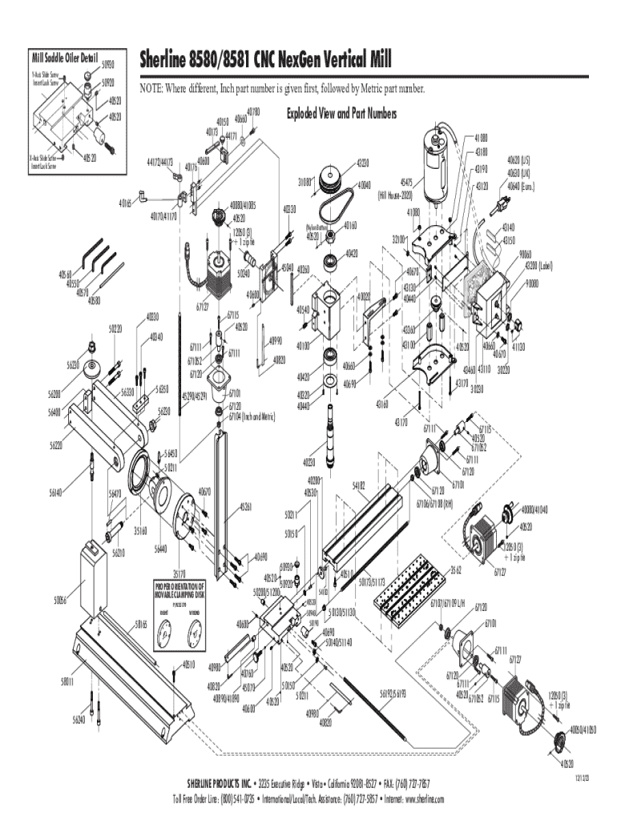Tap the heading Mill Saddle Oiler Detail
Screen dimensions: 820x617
(63, 58)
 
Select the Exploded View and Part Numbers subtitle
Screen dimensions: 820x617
(341, 115)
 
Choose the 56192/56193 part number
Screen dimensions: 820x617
(393, 693)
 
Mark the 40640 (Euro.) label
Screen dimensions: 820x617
(521, 187)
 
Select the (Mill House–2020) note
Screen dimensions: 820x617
(395, 194)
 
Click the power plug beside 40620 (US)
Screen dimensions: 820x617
(501, 203)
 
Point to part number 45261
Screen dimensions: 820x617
(245, 507)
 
